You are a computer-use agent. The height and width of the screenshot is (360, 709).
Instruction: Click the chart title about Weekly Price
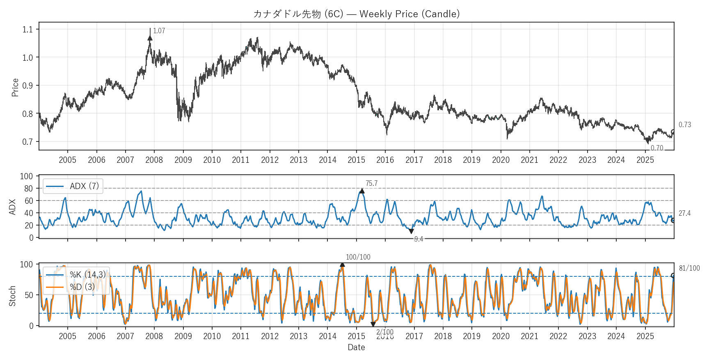coord(356,14)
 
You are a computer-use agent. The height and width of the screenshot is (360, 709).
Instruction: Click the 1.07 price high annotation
coord(159,31)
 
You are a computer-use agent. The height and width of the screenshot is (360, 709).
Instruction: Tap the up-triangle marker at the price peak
coord(150,38)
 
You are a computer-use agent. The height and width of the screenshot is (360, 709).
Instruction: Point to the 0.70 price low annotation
coord(657,148)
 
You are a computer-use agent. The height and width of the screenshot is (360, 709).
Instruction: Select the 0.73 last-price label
coord(684,125)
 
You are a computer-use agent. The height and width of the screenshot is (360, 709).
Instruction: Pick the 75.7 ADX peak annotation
coord(371,183)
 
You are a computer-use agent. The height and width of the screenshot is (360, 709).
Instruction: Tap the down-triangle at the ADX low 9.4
coord(411,231)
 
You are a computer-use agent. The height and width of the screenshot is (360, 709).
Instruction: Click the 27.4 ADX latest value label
coord(684,213)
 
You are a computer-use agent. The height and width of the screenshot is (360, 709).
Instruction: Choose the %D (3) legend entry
coord(82,287)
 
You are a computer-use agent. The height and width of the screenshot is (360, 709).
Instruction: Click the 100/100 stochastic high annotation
coord(358,257)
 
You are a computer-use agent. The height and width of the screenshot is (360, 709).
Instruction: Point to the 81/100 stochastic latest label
coord(689,268)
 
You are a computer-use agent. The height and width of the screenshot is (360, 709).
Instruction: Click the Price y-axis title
coord(15,87)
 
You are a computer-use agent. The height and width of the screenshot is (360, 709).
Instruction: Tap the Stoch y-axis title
coord(12,296)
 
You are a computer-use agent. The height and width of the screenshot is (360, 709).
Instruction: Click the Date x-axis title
coord(356,347)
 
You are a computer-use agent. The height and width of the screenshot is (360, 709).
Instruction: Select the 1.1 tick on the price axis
coord(27,30)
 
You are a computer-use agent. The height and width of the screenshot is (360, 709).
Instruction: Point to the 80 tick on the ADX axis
coord(28,189)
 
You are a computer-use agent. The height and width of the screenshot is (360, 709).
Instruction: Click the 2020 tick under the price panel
coord(501,160)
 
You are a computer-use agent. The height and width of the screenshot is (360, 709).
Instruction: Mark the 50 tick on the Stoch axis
coord(28,295)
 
